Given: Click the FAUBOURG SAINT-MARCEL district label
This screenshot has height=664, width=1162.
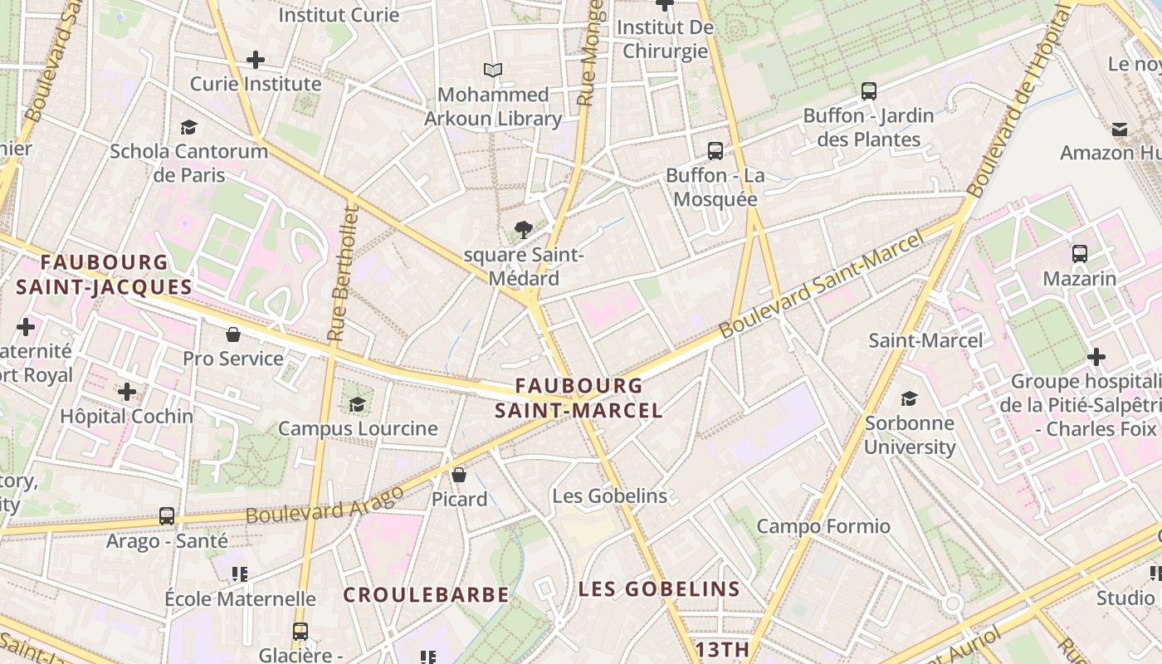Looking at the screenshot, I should (579, 398).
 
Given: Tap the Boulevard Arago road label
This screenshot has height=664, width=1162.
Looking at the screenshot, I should (325, 504).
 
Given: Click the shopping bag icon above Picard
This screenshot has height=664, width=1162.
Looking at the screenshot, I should (459, 475).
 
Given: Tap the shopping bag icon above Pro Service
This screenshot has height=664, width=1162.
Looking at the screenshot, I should (233, 334).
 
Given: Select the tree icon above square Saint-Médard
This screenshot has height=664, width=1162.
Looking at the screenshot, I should (524, 229).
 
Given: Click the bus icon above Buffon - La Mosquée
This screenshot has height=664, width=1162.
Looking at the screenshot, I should (715, 151).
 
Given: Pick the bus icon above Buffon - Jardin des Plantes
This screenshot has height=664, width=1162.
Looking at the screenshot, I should (869, 91).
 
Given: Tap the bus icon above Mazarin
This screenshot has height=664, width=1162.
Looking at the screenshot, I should (1080, 254).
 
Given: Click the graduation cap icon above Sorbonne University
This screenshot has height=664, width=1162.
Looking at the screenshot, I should (910, 398).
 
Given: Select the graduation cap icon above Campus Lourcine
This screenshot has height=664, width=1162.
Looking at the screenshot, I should (358, 404).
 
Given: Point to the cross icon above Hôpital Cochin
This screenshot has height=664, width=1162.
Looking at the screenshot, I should (127, 391).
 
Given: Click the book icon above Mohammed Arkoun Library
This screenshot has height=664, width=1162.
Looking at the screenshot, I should (493, 70).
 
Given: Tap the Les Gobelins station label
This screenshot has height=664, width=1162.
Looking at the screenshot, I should (610, 496).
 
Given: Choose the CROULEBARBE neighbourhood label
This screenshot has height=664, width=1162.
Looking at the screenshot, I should (426, 595).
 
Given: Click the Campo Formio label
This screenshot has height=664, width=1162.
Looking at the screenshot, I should (823, 526).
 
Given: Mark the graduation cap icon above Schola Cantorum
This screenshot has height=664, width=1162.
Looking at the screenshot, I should (189, 127).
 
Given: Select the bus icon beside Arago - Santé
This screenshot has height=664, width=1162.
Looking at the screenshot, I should (167, 516).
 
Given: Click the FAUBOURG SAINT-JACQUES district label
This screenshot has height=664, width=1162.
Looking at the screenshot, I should (105, 275).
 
